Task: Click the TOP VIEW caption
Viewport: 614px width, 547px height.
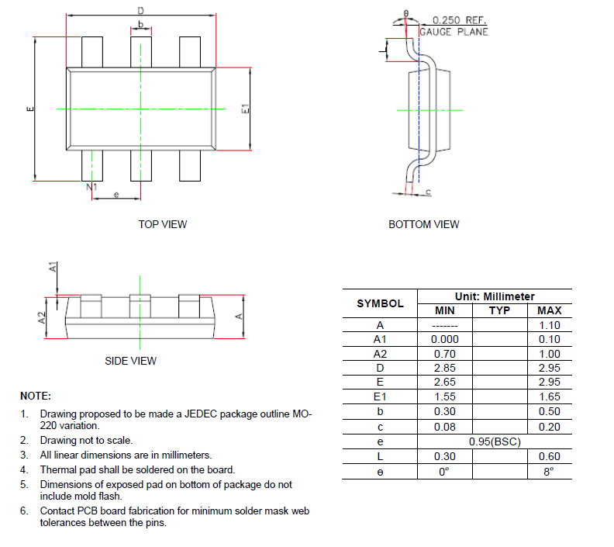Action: tap(163, 224)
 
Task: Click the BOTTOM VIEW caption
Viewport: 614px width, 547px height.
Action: tap(423, 224)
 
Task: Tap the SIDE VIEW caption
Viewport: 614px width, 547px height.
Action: tap(130, 361)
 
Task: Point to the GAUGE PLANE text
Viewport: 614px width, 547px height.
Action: tap(454, 32)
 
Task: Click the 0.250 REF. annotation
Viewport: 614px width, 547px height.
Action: tap(460, 20)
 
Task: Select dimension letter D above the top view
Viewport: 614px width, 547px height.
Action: tap(140, 11)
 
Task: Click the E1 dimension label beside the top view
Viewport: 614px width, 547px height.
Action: tap(245, 109)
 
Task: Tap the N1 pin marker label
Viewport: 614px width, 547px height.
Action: tap(91, 187)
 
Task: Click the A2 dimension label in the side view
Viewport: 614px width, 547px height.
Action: tap(44, 317)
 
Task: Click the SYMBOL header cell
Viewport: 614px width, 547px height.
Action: tap(380, 303)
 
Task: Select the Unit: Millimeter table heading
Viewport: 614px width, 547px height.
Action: tap(494, 296)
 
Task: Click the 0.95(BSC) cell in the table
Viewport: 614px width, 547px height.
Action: tap(494, 441)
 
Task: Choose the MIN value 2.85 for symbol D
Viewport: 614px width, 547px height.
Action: tap(444, 369)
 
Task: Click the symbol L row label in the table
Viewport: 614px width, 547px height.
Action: tap(380, 456)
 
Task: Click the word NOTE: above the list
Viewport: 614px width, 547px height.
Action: tap(36, 396)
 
